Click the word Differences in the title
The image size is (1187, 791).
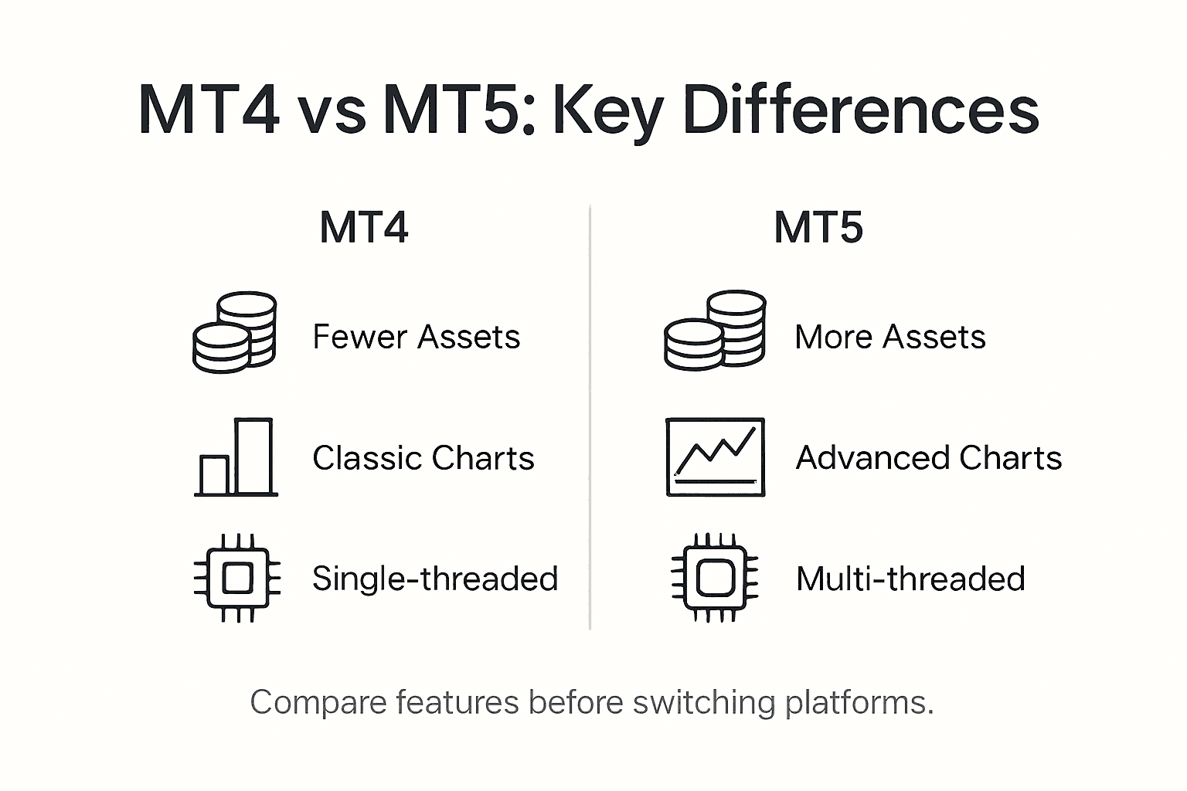[861, 110]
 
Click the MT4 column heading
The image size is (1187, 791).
[363, 228]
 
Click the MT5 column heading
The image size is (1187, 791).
[818, 228]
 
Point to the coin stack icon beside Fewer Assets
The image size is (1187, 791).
[235, 333]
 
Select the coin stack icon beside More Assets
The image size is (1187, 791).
[715, 331]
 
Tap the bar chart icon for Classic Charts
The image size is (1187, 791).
[236, 457]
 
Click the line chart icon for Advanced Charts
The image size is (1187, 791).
[715, 457]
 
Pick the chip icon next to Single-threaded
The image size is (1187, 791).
[236, 578]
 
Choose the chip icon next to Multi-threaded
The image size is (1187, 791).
[715, 578]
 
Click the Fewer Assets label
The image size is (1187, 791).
[416, 338]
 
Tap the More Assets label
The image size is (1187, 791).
[889, 338]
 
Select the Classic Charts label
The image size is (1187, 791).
[423, 458]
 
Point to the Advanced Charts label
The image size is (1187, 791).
[928, 458]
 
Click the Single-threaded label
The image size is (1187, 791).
[434, 579]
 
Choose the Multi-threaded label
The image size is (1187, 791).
[910, 579]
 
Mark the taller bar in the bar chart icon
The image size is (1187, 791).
[253, 456]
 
